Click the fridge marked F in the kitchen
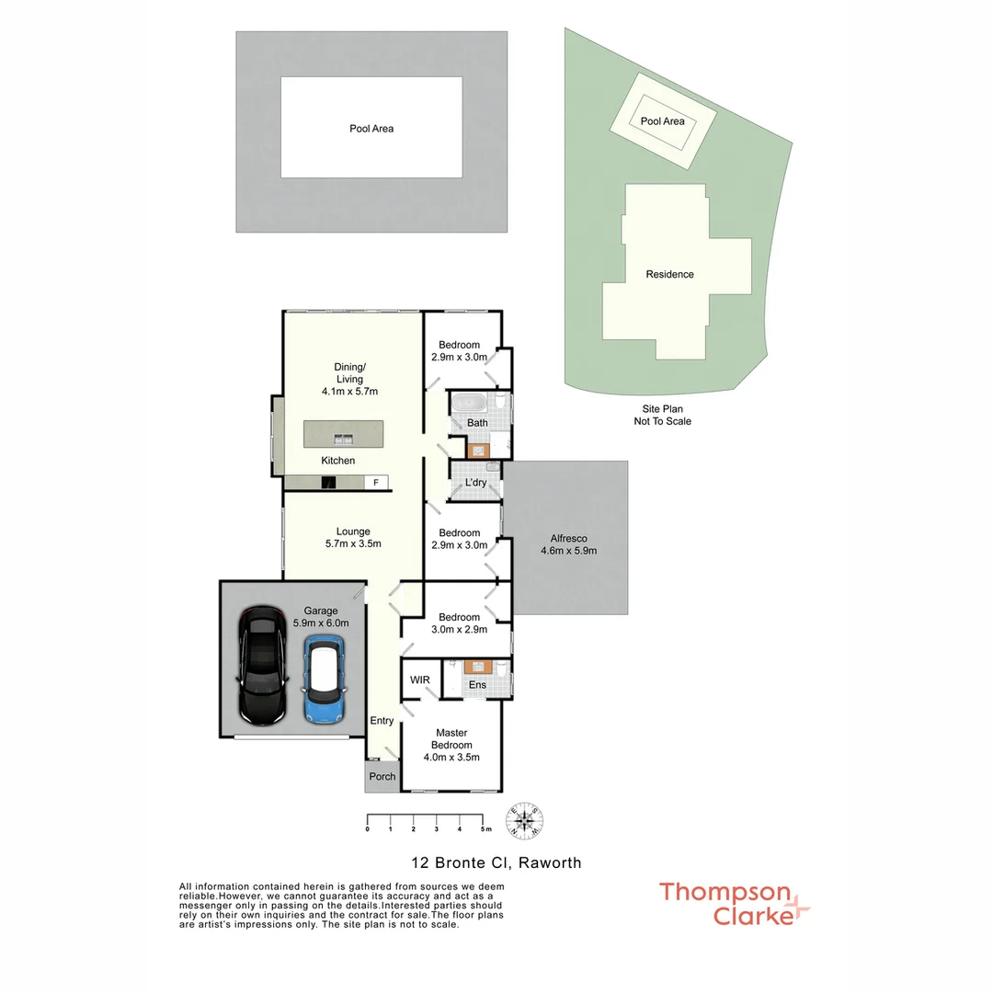click(x=376, y=482)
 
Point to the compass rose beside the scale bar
click(x=524, y=819)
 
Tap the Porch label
click(x=382, y=776)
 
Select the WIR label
click(x=420, y=680)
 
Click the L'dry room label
click(x=475, y=482)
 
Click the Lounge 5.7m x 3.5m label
click(x=353, y=537)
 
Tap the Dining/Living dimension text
click(x=350, y=391)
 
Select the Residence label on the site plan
click(x=669, y=274)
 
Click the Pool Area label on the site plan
click(x=662, y=121)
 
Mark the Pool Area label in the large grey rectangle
click(x=371, y=129)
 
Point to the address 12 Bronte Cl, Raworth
click(x=496, y=862)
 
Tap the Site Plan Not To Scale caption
click(x=662, y=415)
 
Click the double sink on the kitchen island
click(x=343, y=439)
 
